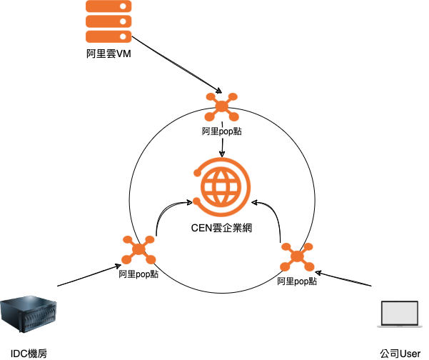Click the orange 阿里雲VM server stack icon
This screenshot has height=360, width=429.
pyautogui.click(x=109, y=22)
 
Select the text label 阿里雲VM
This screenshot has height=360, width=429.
pyautogui.click(x=109, y=55)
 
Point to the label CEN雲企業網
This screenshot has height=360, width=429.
pyautogui.click(x=223, y=229)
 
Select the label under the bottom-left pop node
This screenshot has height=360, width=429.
pyautogui.click(x=139, y=274)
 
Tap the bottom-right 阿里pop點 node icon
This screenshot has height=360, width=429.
pyautogui.click(x=297, y=257)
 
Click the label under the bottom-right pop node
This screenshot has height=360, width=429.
pyautogui.click(x=297, y=281)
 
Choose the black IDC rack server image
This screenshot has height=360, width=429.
pyautogui.click(x=29, y=316)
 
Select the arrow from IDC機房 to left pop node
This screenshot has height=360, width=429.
pyautogui.click(x=86, y=276)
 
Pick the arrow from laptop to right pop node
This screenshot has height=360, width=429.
pyautogui.click(x=346, y=279)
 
